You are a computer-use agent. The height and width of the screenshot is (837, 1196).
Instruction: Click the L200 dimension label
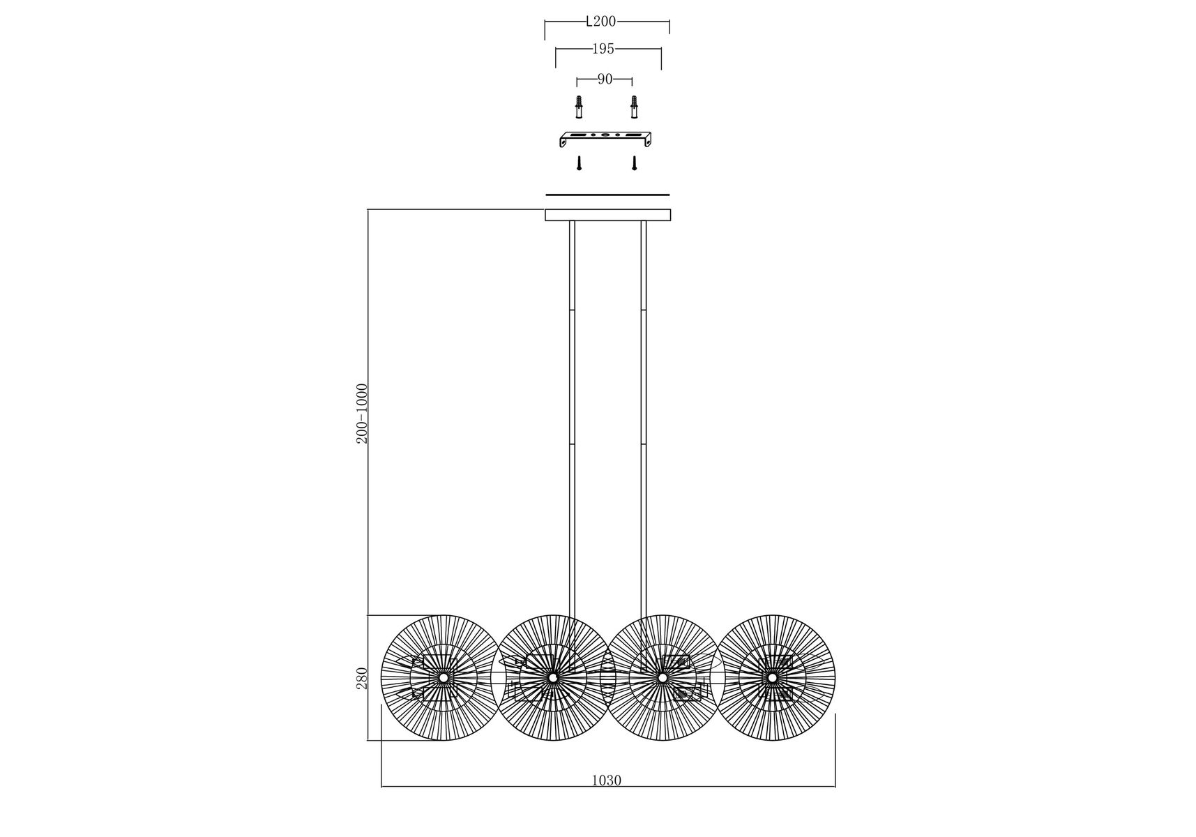tap(600, 22)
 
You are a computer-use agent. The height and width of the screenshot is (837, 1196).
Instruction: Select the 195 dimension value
tap(603, 49)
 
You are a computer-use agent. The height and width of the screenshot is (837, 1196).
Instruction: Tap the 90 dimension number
tap(605, 80)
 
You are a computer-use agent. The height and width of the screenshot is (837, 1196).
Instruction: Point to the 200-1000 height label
tap(361, 413)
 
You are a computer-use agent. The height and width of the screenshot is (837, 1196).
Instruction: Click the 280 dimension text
tap(361, 677)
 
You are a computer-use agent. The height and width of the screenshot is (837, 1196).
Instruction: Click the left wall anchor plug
tap(578, 107)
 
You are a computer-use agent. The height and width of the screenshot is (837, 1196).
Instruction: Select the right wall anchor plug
tap(634, 107)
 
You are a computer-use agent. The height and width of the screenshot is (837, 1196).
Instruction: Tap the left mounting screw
tap(579, 163)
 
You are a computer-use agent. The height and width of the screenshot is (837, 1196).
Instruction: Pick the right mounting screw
tap(635, 163)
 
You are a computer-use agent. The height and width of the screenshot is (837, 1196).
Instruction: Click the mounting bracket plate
tap(606, 139)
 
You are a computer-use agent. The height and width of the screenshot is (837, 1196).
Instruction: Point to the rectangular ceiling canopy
tap(607, 215)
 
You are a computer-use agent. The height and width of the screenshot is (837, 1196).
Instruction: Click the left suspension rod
tap(572, 418)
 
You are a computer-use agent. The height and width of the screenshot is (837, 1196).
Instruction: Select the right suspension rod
tap(644, 418)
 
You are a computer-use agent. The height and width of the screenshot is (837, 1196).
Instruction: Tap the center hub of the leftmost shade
tap(444, 677)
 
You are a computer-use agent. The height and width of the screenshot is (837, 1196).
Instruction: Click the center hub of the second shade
tap(553, 677)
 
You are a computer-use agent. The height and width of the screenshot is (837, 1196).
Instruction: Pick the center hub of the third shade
tap(662, 677)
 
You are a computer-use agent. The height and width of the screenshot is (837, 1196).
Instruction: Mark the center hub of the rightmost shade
tap(772, 677)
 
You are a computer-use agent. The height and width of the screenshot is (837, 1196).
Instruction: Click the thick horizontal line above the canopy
tap(607, 195)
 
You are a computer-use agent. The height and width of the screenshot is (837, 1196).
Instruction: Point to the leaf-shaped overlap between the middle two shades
tap(607, 677)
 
